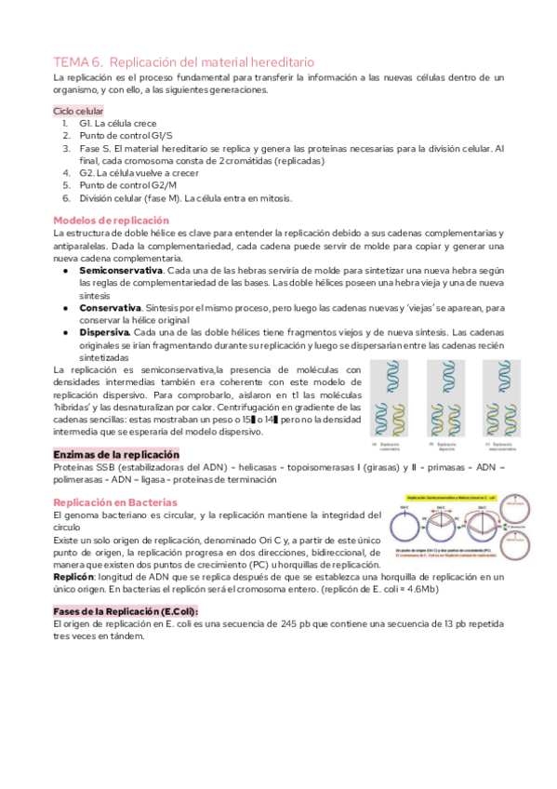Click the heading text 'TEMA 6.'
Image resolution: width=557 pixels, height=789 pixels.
(x=78, y=61)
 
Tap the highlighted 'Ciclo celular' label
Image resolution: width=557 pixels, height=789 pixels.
(x=78, y=110)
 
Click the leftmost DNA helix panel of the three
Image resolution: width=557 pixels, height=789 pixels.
(x=395, y=401)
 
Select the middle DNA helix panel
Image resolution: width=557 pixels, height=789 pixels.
(x=450, y=401)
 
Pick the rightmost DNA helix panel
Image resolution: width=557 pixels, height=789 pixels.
(x=503, y=401)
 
